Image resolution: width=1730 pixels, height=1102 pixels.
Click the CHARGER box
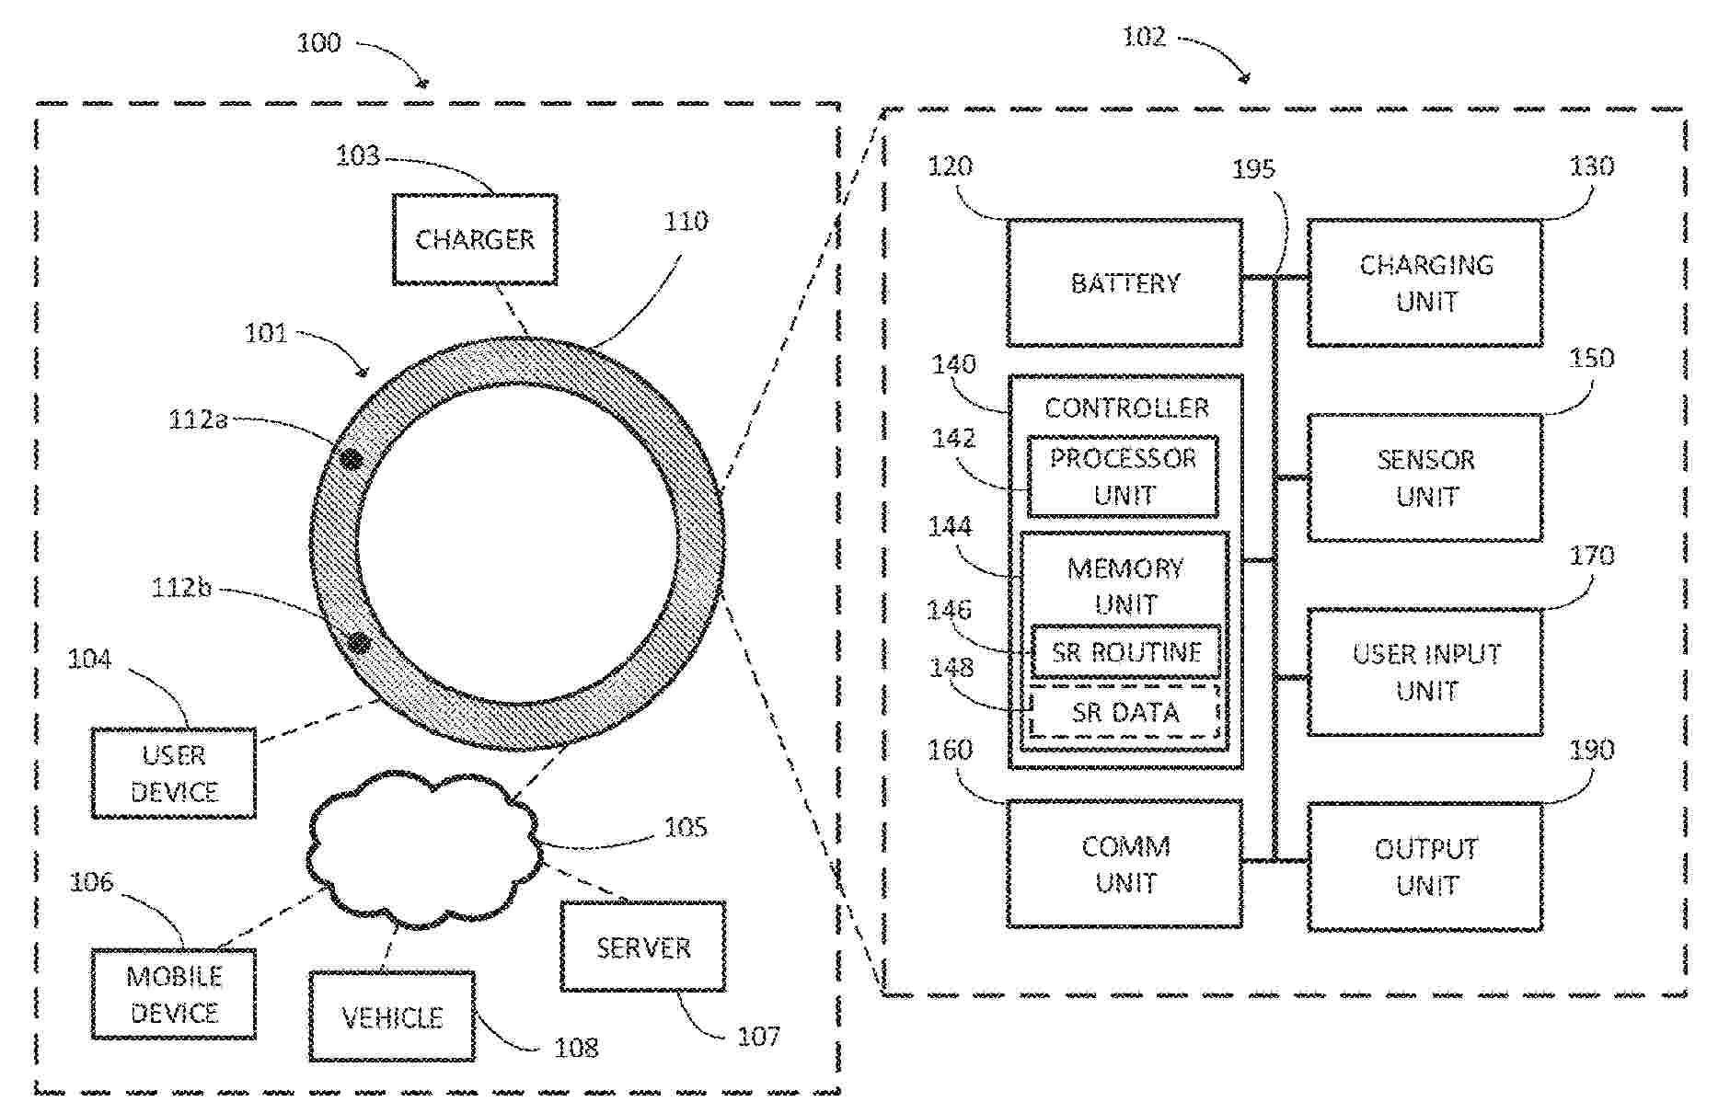pos(475,239)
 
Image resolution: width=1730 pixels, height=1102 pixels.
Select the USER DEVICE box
pos(174,774)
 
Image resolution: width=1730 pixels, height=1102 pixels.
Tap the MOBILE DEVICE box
pos(174,994)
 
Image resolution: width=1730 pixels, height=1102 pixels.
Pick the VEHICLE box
pos(392,1017)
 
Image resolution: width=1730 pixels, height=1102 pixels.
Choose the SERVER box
pos(643,947)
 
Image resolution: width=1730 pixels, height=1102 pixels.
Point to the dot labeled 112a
pos(351,458)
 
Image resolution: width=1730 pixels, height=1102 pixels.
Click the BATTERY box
pos(1124,283)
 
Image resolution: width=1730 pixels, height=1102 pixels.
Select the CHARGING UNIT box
pos(1425,283)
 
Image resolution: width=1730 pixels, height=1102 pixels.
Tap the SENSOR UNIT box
pos(1425,477)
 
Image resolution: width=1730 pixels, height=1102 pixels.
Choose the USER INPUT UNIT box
pos(1425,672)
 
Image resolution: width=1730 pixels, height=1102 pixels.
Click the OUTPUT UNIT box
pos(1425,867)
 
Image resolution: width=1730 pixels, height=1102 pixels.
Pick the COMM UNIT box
pos(1124,865)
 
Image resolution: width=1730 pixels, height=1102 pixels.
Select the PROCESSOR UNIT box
pos(1123,476)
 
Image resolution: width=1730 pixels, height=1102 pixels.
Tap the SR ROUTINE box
pos(1126,652)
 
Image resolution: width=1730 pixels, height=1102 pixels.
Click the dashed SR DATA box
pos(1125,712)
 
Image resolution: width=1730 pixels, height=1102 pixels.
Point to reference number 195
pos(1253,169)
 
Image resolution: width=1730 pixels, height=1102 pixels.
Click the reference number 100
pos(318,43)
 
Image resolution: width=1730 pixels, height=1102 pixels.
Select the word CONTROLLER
pos(1126,408)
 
